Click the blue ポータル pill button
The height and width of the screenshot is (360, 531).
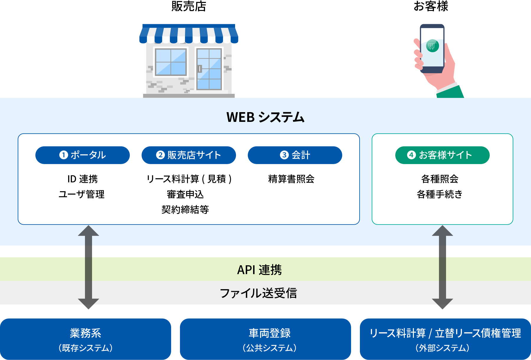coord(83,155)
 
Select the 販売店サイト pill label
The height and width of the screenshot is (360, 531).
coord(189,155)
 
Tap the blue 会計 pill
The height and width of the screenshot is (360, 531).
coord(295,155)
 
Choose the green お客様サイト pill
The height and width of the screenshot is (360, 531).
coord(442,155)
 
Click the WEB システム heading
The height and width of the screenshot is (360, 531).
coord(265,117)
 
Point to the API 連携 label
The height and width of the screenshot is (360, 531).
coord(260,270)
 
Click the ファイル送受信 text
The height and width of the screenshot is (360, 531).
coord(258,293)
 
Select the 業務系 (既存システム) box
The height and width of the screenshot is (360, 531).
coord(86,339)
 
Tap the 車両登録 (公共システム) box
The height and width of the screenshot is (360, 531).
coord(265,339)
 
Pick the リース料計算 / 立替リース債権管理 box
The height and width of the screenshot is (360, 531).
coord(445,339)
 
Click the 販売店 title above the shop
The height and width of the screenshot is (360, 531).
coord(189,6)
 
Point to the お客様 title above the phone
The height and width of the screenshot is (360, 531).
coord(431,6)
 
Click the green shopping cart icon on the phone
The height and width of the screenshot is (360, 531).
coord(432,46)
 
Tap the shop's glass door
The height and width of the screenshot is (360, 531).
coord(209,69)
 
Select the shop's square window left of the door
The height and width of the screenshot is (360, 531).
coord(171,62)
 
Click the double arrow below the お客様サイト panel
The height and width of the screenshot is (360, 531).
coord(442,267)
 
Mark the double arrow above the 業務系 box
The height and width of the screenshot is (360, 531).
coord(88,267)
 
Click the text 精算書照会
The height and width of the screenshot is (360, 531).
coord(291,179)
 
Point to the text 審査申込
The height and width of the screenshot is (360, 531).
coord(185,194)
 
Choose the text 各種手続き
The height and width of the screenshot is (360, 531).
coord(440,194)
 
